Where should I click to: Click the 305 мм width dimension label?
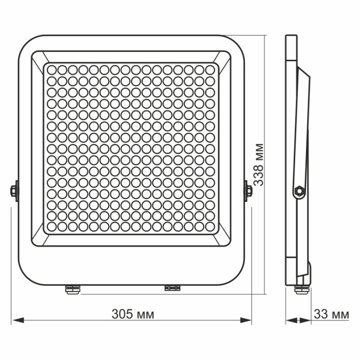coord(133,314)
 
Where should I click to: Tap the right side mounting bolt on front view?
coord(249,190)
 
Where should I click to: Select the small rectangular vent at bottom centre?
coord(172,288)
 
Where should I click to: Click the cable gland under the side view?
coord(299,288)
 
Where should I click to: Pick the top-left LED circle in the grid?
coord(52,69)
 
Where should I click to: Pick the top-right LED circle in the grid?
coord(210,69)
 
